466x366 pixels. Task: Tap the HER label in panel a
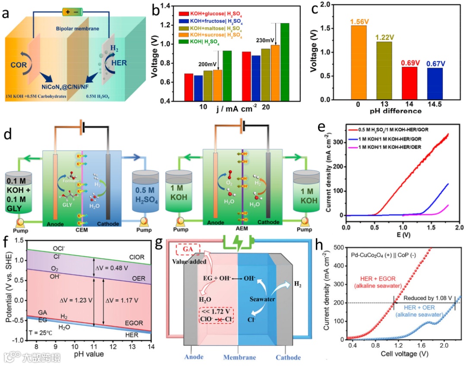118,63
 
